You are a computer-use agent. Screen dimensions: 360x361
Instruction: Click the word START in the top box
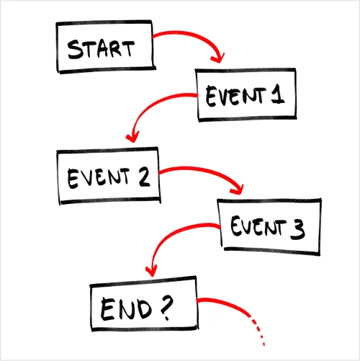[101, 49]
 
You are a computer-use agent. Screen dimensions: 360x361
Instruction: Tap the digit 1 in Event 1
[278, 94]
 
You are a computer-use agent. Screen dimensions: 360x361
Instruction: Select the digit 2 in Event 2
[145, 177]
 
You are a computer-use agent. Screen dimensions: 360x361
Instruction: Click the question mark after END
[166, 308]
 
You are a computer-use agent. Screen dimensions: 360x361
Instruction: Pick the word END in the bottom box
[126, 309]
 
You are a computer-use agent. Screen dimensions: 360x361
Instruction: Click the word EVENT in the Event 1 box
[236, 96]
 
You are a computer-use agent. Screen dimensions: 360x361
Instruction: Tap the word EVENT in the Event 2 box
[99, 177]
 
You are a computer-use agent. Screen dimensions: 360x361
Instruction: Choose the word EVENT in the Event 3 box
[258, 226]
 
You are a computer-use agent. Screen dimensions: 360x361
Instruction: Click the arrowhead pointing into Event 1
[218, 58]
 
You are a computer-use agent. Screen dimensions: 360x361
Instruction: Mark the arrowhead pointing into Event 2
[132, 138]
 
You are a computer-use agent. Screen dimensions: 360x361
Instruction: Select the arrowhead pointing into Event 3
[238, 190]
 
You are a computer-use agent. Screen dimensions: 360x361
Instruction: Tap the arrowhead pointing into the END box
[151, 272]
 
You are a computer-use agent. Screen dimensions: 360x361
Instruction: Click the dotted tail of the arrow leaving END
[258, 331]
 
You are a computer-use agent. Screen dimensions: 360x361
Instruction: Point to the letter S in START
[75, 50]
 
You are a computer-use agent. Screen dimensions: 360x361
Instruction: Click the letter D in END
[143, 308]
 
